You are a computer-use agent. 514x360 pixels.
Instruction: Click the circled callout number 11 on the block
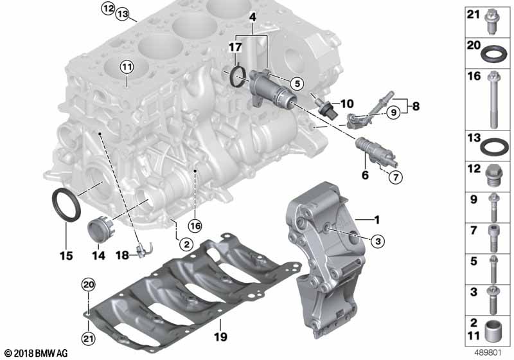[x=127, y=67]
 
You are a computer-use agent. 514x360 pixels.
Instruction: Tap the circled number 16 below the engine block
[x=195, y=226]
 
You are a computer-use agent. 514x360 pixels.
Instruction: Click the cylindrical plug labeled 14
[x=101, y=231]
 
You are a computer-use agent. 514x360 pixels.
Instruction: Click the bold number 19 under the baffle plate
[x=220, y=336]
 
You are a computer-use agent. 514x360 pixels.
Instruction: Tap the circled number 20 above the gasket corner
[x=89, y=285]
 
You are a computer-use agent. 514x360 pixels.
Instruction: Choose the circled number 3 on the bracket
[x=378, y=241]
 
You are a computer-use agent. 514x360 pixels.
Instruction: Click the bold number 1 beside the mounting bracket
[x=377, y=220]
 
